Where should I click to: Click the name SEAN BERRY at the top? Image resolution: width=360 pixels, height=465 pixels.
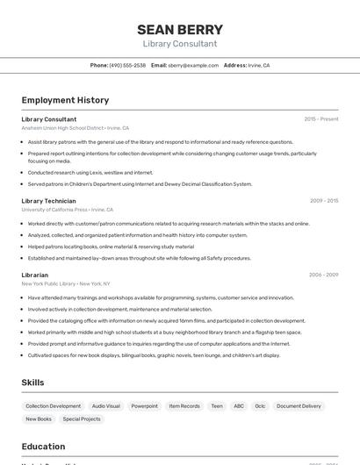click(x=180, y=29)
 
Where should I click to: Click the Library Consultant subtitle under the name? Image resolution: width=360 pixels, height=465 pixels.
click(x=180, y=44)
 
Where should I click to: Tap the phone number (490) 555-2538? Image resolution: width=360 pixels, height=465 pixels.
click(x=127, y=65)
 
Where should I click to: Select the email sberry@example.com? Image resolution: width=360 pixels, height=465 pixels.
click(x=193, y=65)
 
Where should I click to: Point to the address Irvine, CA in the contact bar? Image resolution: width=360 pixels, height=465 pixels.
click(x=258, y=65)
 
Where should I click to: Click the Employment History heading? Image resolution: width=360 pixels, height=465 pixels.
click(x=65, y=100)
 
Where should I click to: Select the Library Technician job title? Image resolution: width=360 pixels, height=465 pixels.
click(x=48, y=201)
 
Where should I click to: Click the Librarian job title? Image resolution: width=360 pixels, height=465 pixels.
click(x=35, y=275)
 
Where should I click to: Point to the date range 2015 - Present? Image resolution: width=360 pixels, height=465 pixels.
click(x=320, y=119)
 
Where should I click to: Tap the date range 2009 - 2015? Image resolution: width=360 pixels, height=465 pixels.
click(x=323, y=201)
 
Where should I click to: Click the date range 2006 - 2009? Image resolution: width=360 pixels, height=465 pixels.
click(x=323, y=275)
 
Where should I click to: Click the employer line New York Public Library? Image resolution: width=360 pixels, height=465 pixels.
click(x=49, y=283)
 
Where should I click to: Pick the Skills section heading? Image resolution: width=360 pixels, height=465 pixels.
click(x=33, y=383)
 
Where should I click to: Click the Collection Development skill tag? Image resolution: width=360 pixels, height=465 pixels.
click(x=54, y=406)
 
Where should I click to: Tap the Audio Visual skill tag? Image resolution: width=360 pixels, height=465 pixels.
click(x=106, y=406)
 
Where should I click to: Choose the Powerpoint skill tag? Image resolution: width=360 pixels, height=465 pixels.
click(x=145, y=406)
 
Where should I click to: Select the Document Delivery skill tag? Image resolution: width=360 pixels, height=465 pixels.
click(x=299, y=406)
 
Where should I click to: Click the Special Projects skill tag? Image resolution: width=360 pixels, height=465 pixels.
click(x=82, y=419)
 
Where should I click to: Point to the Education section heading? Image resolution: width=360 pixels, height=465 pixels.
click(x=43, y=447)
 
